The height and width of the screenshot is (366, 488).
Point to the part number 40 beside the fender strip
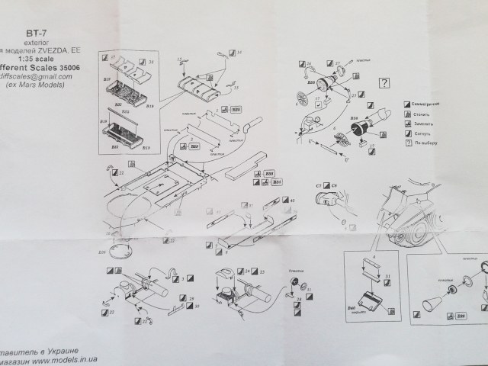pos(271,201)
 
